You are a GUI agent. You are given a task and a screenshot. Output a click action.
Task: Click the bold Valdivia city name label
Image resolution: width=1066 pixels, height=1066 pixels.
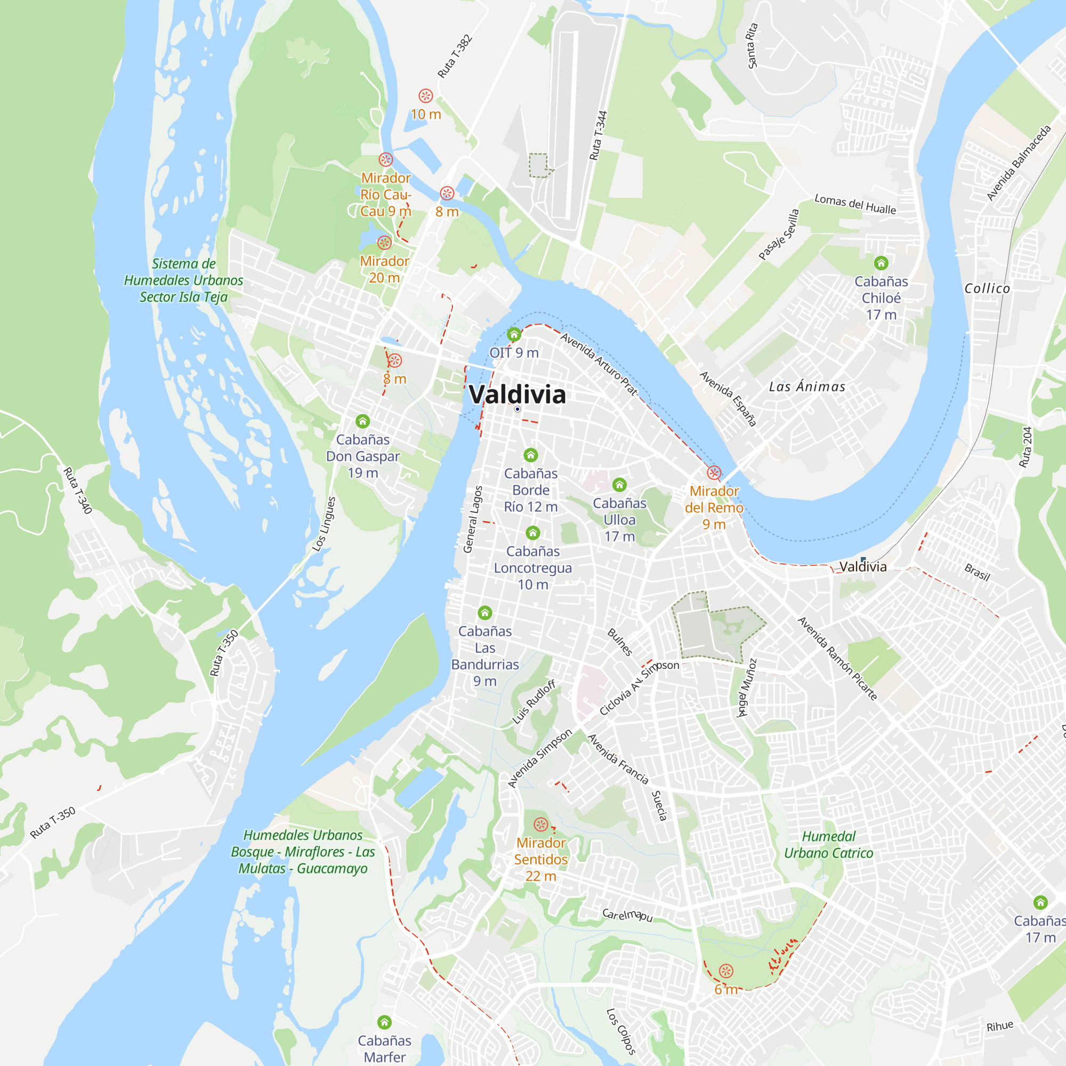517,394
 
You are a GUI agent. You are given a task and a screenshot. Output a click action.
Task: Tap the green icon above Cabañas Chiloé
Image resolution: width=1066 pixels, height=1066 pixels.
881,263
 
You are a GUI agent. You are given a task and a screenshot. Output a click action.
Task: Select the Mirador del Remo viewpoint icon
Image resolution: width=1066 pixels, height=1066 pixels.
714,472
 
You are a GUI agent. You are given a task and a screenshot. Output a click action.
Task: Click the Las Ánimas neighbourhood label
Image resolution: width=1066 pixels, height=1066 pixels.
806,387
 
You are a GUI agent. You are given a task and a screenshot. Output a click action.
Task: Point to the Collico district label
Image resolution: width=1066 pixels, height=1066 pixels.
987,288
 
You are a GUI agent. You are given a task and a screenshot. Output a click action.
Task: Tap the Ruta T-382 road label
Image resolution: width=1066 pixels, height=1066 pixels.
455,56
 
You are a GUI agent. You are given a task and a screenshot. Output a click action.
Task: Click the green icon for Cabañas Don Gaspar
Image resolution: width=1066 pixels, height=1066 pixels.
362,421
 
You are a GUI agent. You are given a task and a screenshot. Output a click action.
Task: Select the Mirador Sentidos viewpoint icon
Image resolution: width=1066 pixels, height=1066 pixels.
540,825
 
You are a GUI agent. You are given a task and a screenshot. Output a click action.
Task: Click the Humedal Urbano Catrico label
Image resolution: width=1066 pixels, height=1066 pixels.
828,845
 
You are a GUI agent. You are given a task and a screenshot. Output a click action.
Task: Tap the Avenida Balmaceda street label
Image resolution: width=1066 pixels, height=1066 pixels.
1019,163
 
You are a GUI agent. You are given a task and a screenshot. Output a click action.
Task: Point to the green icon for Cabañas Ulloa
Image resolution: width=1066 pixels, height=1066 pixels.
620,484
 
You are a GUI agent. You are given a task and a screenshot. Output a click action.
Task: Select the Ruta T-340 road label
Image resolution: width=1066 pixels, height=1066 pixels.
77,490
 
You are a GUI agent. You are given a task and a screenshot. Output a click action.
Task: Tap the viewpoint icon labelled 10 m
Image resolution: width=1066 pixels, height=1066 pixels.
425,96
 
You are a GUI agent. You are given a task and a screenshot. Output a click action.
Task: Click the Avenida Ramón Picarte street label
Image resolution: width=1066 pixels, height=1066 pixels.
837,658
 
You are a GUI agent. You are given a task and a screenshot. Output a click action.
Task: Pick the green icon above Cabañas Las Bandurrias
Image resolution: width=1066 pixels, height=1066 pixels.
485,612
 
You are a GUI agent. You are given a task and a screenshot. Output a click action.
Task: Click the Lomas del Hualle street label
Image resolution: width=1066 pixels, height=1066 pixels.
855,204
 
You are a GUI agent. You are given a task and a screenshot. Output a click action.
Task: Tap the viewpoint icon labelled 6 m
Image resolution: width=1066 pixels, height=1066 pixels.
726,971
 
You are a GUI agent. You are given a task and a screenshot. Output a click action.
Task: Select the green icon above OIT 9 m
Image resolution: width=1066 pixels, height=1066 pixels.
514,334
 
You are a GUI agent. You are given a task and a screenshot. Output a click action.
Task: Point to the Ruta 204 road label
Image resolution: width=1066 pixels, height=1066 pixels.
1025,447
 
